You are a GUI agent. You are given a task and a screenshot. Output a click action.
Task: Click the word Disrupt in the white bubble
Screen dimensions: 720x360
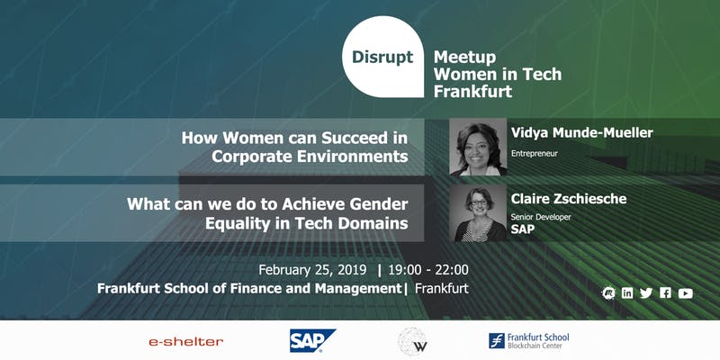coord(382,58)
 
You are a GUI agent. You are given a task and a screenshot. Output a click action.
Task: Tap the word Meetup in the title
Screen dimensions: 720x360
coord(464,58)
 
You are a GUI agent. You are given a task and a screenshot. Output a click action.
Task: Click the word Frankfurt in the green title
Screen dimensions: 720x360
coord(472,91)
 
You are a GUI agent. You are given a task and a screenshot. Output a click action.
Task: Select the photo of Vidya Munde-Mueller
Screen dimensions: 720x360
coord(478,147)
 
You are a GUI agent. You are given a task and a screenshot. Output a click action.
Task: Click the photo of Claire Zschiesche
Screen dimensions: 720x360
coord(478,213)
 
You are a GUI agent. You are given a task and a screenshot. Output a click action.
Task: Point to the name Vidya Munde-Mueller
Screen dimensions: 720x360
coord(581,133)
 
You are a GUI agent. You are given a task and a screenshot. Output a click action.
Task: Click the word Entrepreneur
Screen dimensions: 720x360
coord(534,154)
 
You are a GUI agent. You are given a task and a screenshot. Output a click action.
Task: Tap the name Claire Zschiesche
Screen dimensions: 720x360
coord(569,199)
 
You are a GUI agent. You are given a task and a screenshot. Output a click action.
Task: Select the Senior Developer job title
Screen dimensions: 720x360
coord(541,217)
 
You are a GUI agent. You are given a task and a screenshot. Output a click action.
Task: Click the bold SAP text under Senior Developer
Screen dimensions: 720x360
coord(523,229)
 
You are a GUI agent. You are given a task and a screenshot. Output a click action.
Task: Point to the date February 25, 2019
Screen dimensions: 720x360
coord(312,269)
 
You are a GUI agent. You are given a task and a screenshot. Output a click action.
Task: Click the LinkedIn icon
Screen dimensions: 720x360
coord(627,293)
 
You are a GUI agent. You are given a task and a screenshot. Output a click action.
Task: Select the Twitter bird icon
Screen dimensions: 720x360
coord(646,293)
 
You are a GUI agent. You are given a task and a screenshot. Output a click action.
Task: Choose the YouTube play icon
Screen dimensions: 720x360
coord(685,293)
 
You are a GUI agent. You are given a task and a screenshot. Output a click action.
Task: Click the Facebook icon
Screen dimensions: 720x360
coord(665,293)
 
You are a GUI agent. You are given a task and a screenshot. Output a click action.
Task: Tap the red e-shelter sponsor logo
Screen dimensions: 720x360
coord(186,342)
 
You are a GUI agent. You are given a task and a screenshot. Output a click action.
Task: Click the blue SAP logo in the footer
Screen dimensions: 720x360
coord(312,341)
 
